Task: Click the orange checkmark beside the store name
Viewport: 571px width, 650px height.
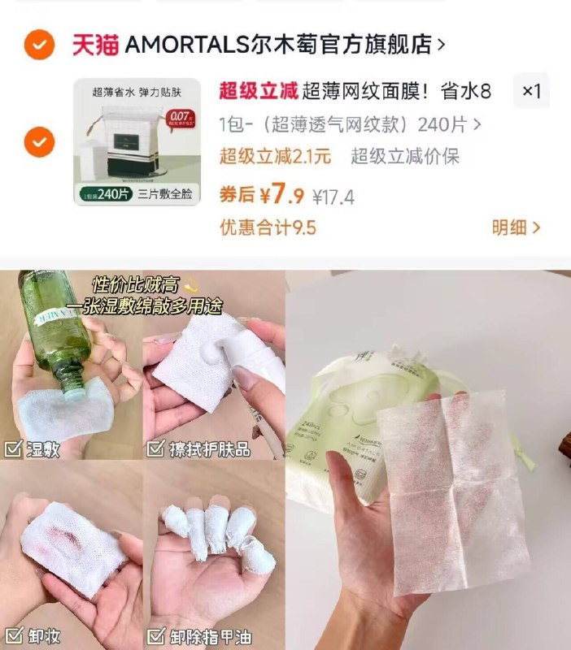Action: (39, 45)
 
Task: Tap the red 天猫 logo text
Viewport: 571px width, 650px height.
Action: (95, 45)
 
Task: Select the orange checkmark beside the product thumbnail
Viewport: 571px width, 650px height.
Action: (39, 144)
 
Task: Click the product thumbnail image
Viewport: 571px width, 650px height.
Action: (137, 141)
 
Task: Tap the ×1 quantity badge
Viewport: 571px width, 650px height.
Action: (531, 91)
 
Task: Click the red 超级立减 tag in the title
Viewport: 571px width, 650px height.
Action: (258, 91)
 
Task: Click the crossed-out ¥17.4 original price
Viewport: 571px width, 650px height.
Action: (333, 197)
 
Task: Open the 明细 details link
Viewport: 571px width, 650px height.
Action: (515, 227)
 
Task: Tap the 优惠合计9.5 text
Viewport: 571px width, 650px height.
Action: (268, 227)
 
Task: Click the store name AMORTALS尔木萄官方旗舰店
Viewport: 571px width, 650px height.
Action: (277, 45)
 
